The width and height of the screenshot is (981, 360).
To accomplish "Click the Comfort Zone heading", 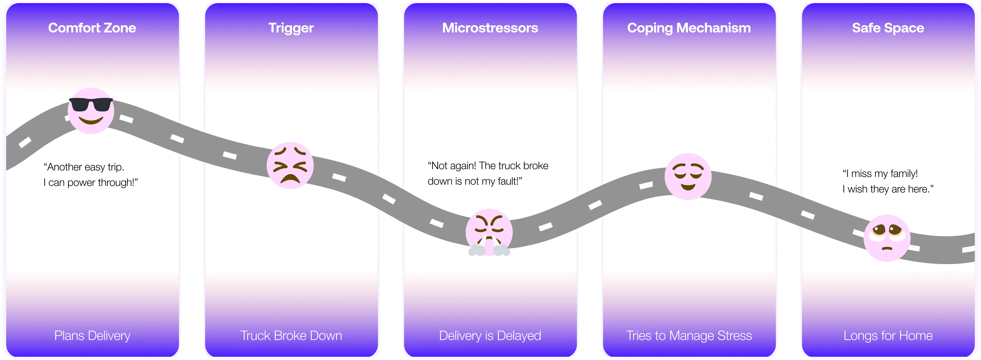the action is pos(92,28).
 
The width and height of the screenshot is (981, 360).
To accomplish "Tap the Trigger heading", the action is pos(291,28).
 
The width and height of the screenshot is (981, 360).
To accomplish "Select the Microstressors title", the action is pos(490,28).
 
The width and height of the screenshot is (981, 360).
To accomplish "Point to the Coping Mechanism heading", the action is pos(689,28).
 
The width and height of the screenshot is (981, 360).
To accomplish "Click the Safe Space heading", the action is pos(888,28).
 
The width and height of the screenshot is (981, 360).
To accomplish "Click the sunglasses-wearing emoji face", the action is pos(91,111).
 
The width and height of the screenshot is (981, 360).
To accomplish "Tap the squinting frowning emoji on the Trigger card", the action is pos(290,165).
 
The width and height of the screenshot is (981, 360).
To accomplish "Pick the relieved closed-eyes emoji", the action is pos(688,176).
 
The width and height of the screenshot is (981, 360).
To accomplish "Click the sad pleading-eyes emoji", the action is pos(887,238).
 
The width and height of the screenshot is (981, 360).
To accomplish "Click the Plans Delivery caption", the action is pos(92,336).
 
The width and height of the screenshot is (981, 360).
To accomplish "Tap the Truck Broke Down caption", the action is pos(291,336).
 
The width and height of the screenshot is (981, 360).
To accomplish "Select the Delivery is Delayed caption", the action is pos(490,336).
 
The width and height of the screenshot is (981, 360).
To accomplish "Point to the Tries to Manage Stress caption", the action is pos(689,336).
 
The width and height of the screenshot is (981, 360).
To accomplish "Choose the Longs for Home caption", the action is pos(888,336).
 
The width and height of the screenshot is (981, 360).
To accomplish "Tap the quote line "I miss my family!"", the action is pos(880,174).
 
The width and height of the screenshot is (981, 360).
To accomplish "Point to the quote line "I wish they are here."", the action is pos(888,189).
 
